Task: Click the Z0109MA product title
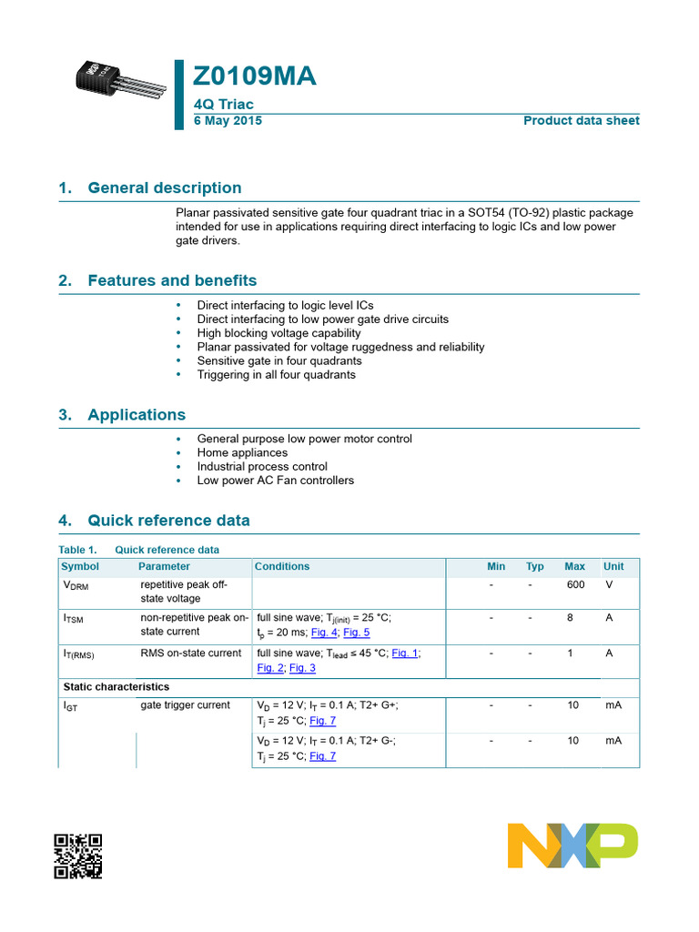coord(256,76)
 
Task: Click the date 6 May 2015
coord(228,121)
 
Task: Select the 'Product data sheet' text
coord(581,121)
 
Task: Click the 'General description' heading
coord(164,188)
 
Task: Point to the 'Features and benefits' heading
coord(172,281)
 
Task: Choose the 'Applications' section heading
coord(136,415)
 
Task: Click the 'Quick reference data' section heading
coord(168,522)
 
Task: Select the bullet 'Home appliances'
coord(242,452)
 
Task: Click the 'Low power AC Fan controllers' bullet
coord(275,480)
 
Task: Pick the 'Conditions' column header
coord(282,566)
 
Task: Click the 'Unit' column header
coord(613,566)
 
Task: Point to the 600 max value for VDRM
coord(575,584)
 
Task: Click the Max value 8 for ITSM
coord(570,618)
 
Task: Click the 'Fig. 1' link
coord(405,653)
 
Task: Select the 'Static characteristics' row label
coord(116,686)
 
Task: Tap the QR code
coord(77,856)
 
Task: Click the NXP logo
coord(572,846)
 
